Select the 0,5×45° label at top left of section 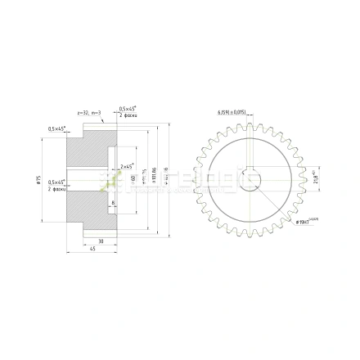[x=56, y=128]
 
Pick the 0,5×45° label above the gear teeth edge [x=127, y=109]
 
